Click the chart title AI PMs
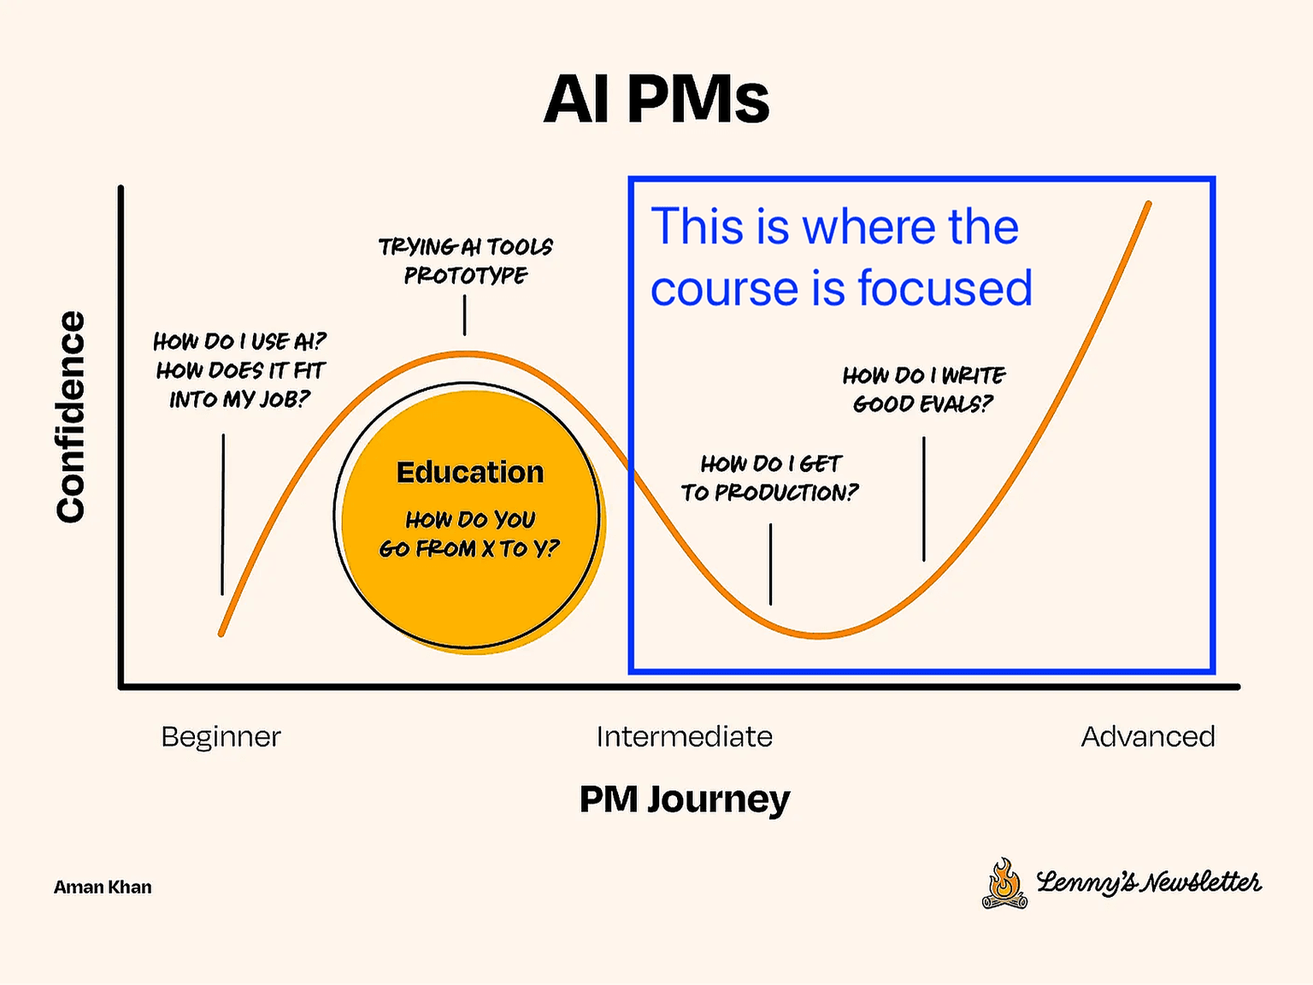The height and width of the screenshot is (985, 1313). [656, 99]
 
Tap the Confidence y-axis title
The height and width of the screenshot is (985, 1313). [71, 416]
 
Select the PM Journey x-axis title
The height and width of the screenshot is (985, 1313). [684, 799]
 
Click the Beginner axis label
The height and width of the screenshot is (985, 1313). [221, 736]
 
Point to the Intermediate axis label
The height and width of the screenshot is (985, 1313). [684, 736]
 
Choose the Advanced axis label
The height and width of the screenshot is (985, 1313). [1147, 736]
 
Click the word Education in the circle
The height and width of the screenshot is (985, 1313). [469, 472]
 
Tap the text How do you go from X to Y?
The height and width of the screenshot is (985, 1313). [469, 534]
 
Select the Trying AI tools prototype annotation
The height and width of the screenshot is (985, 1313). [465, 261]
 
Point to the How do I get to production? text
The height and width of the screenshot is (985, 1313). [769, 478]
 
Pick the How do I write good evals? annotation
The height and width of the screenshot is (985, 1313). [923, 389]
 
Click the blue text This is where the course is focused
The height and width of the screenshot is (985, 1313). [841, 257]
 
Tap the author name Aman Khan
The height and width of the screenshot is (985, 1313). [103, 888]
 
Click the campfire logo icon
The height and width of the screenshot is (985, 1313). [1004, 883]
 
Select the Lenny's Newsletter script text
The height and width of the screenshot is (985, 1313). [1148, 882]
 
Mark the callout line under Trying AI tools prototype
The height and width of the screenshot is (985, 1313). [465, 316]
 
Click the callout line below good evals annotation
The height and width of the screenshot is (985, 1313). [924, 498]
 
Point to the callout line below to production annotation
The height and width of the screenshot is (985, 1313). [770, 563]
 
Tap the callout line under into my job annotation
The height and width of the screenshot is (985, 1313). [223, 514]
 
